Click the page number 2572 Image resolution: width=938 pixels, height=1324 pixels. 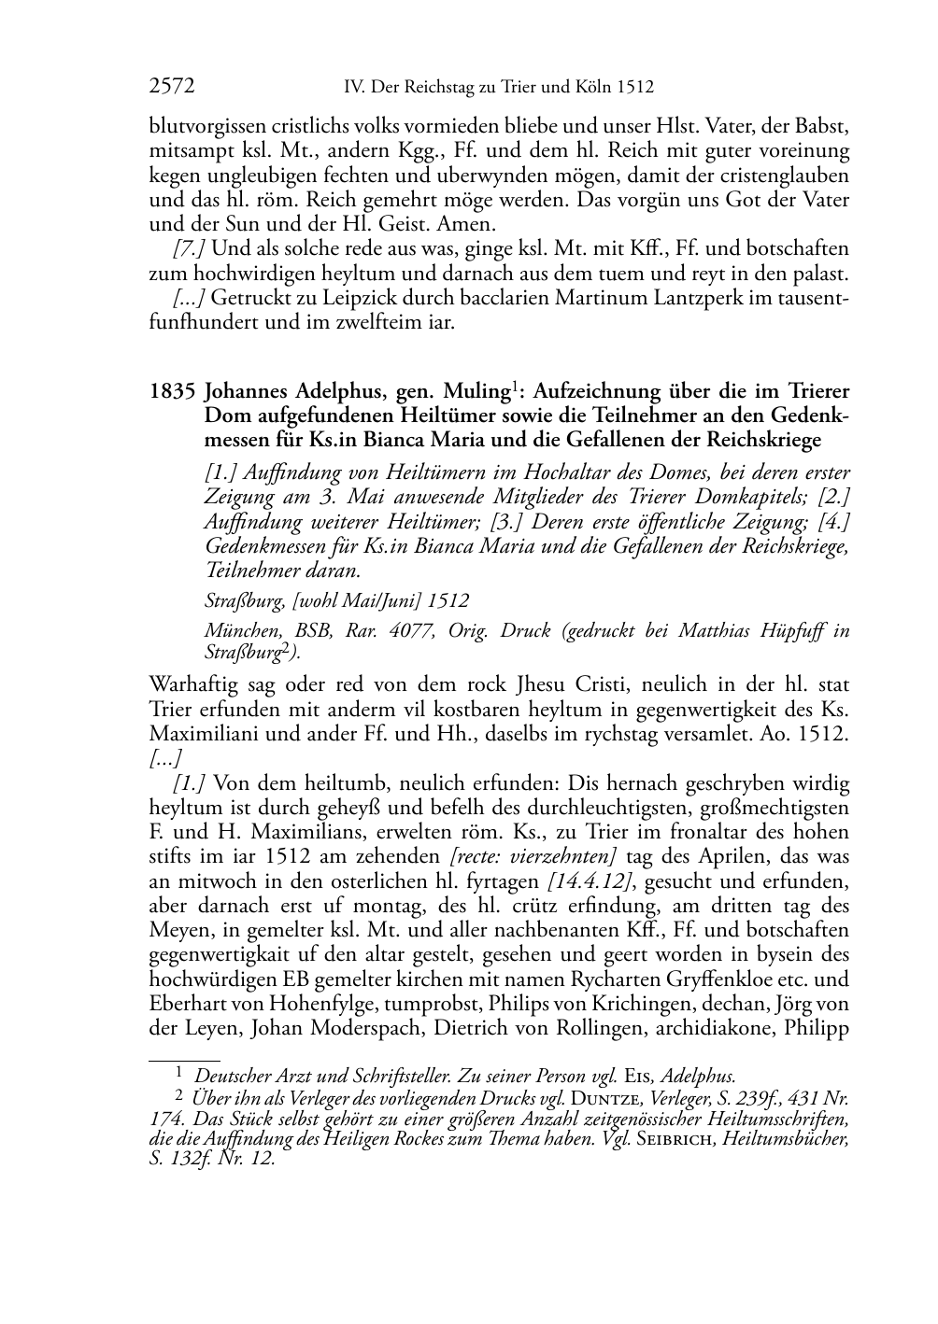pos(172,88)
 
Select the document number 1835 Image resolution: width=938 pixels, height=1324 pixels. pos(170,391)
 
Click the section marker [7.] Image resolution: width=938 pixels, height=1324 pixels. pos(190,249)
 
